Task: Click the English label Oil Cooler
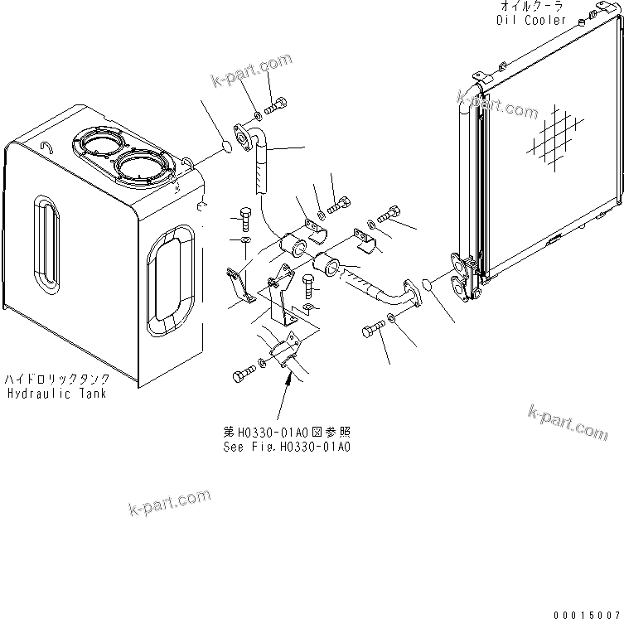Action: click(x=532, y=20)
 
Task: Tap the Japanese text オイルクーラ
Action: click(x=531, y=7)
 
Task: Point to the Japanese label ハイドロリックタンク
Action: click(x=56, y=380)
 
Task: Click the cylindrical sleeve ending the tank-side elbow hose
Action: click(x=295, y=246)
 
